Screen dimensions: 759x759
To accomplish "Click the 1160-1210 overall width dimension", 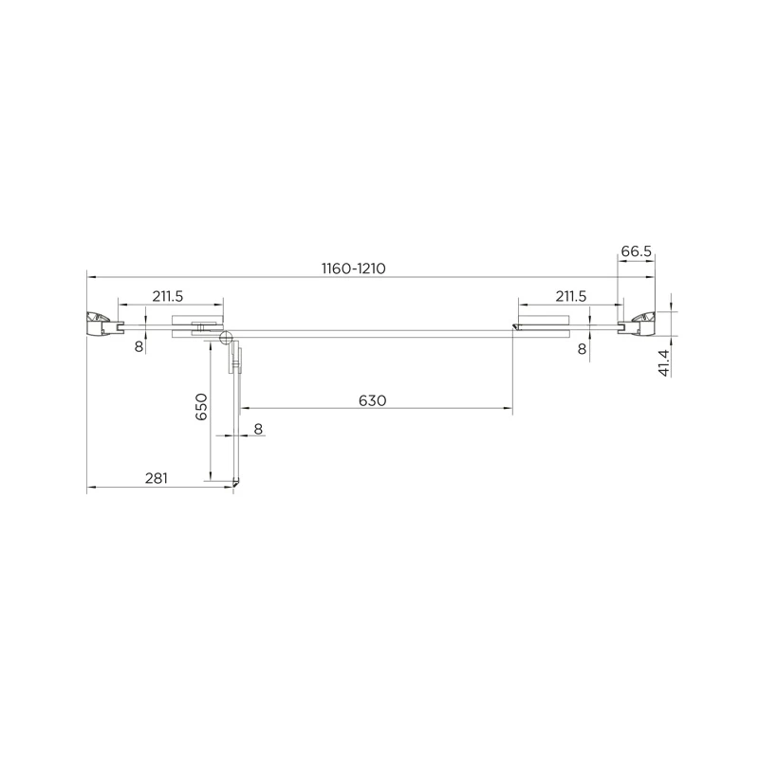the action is (353, 268).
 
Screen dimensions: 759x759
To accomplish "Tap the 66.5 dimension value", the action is (637, 251).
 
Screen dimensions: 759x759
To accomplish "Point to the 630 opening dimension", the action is (373, 400).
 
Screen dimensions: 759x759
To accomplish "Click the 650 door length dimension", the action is (201, 407).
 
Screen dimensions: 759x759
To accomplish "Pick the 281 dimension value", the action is (157, 478).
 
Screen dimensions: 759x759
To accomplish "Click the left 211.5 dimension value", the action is (168, 296).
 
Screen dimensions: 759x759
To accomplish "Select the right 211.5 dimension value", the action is (571, 296).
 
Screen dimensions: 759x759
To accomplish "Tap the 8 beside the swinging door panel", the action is (258, 429).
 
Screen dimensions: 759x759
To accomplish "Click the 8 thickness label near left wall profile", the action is (139, 346).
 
